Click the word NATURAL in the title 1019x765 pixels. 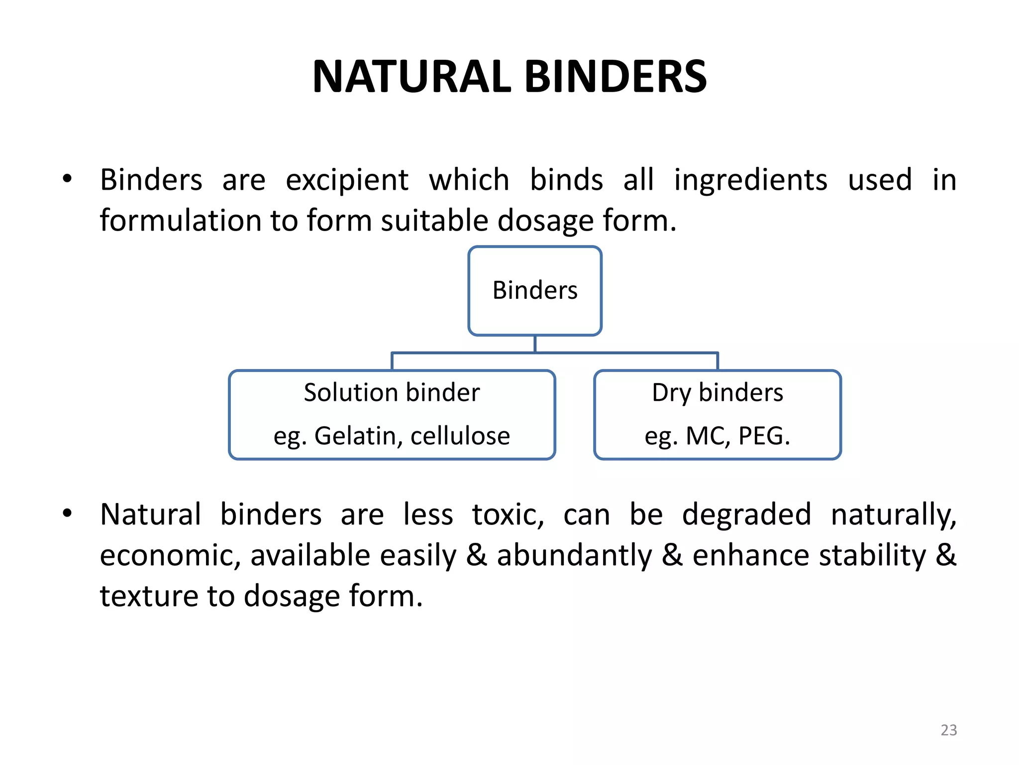click(412, 77)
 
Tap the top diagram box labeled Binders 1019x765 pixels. click(535, 290)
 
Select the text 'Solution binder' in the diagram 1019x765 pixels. click(392, 392)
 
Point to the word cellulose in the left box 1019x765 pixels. click(460, 436)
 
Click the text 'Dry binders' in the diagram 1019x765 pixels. click(717, 392)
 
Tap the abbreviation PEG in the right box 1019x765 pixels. click(761, 436)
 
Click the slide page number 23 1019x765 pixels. click(948, 730)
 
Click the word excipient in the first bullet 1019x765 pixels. click(347, 180)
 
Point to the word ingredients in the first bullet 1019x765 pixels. click(750, 180)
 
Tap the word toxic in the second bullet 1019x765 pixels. click(508, 514)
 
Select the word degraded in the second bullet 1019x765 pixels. click(746, 514)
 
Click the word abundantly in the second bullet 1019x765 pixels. click(574, 555)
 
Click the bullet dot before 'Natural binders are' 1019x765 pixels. click(68, 513)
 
